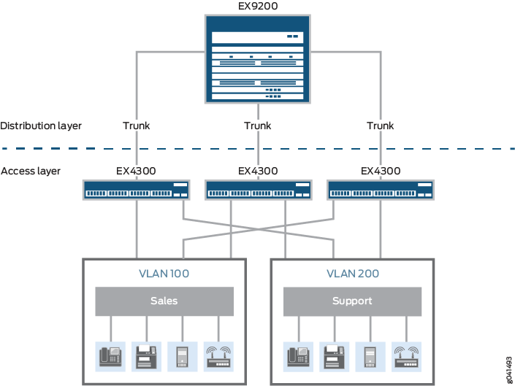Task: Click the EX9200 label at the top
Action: pos(257,7)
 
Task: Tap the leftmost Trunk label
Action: pos(136,126)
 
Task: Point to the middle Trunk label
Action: pos(257,126)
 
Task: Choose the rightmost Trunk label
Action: pos(380,126)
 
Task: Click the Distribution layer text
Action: pos(41,126)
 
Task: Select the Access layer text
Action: pos(31,171)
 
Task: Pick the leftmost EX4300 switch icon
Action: pos(136,190)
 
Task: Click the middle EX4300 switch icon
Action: pos(258,190)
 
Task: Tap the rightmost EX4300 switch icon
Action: pos(380,190)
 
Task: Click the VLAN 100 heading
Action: pos(164,274)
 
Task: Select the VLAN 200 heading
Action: pos(352,274)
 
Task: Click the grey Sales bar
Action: pos(164,301)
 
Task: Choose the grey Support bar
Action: pos(352,301)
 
